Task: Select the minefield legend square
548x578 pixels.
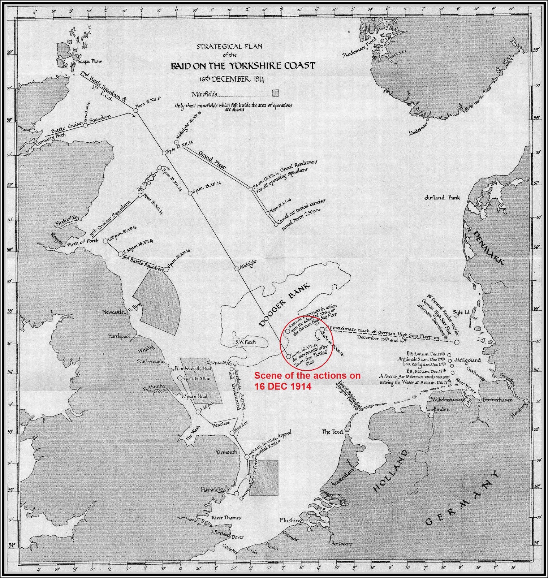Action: click(276, 93)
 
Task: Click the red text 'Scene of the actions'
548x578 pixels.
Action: click(307, 376)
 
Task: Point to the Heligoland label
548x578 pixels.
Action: click(468, 360)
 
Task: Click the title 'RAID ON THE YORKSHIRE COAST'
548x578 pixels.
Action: click(243, 66)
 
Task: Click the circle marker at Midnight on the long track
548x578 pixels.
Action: click(237, 268)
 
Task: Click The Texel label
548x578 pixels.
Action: click(332, 432)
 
